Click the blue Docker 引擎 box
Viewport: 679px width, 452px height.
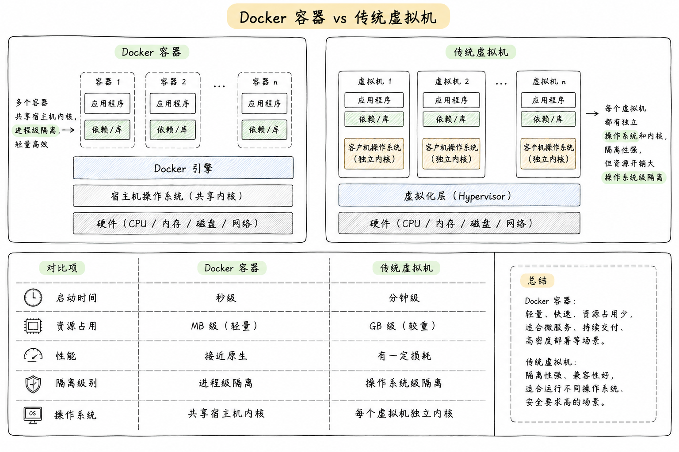pyautogui.click(x=183, y=168)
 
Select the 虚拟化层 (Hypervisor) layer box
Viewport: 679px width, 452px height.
pyautogui.click(x=459, y=195)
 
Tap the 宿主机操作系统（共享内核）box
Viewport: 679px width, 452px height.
pyautogui.click(x=183, y=196)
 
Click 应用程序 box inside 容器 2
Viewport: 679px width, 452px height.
pyautogui.click(x=173, y=104)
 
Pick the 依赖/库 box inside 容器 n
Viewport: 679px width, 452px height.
pyautogui.click(x=264, y=130)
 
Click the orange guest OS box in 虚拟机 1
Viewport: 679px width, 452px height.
pyautogui.click(x=374, y=154)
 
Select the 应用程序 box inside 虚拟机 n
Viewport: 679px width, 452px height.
pyautogui.click(x=548, y=100)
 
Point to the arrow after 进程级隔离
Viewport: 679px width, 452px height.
pyautogui.click(x=68, y=130)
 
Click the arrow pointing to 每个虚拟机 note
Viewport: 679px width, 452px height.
pyautogui.click(x=592, y=113)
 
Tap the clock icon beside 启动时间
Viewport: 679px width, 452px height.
pyautogui.click(x=33, y=298)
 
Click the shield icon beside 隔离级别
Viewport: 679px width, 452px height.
pyautogui.click(x=33, y=384)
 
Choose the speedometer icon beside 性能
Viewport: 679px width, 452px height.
pyautogui.click(x=33, y=355)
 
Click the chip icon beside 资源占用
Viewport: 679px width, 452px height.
pyautogui.click(x=33, y=326)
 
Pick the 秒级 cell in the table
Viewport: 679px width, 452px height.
pyautogui.click(x=226, y=298)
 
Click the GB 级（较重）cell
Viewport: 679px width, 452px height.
pyautogui.click(x=403, y=326)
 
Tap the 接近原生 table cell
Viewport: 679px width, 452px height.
pyautogui.click(x=226, y=356)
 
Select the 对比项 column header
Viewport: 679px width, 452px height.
pyautogui.click(x=62, y=268)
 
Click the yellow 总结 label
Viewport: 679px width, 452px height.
pyautogui.click(x=537, y=281)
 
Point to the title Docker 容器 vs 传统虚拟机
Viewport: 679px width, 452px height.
pyautogui.click(x=338, y=17)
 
